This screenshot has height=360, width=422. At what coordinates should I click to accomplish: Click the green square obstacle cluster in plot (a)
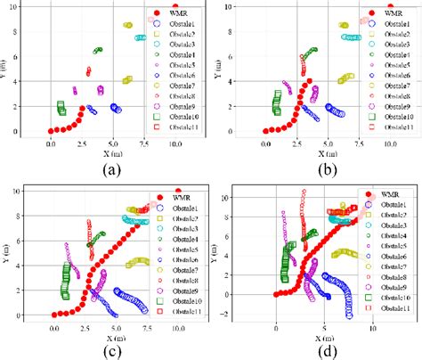pyautogui.click(x=61, y=109)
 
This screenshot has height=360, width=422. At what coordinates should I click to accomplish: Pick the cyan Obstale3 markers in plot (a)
pyautogui.click(x=140, y=37)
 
